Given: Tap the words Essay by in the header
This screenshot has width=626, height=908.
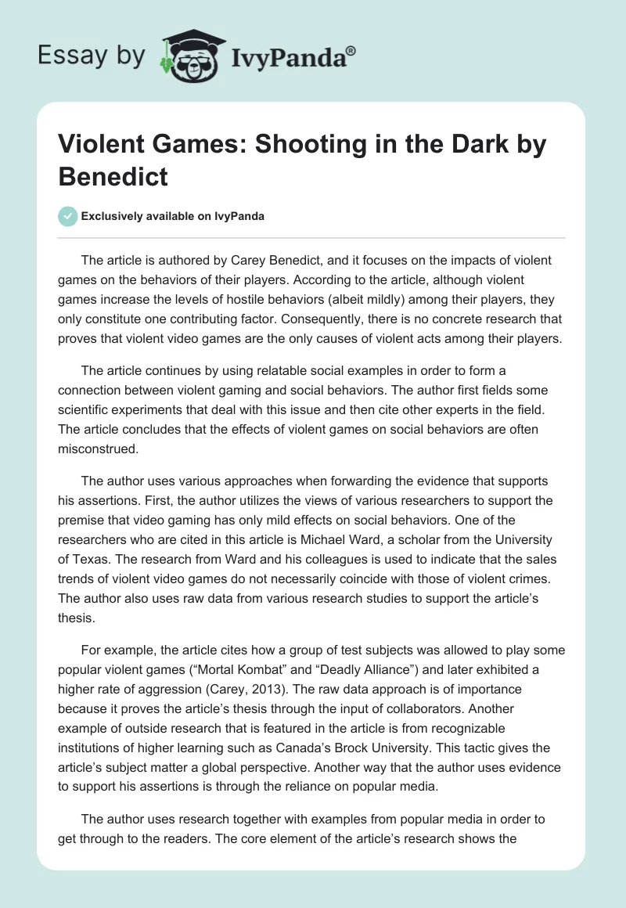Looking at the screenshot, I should coord(92,56).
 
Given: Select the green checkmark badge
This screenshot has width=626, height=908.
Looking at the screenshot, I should coord(68,216).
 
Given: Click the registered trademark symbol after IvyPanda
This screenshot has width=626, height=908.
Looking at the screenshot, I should coord(351,49).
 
